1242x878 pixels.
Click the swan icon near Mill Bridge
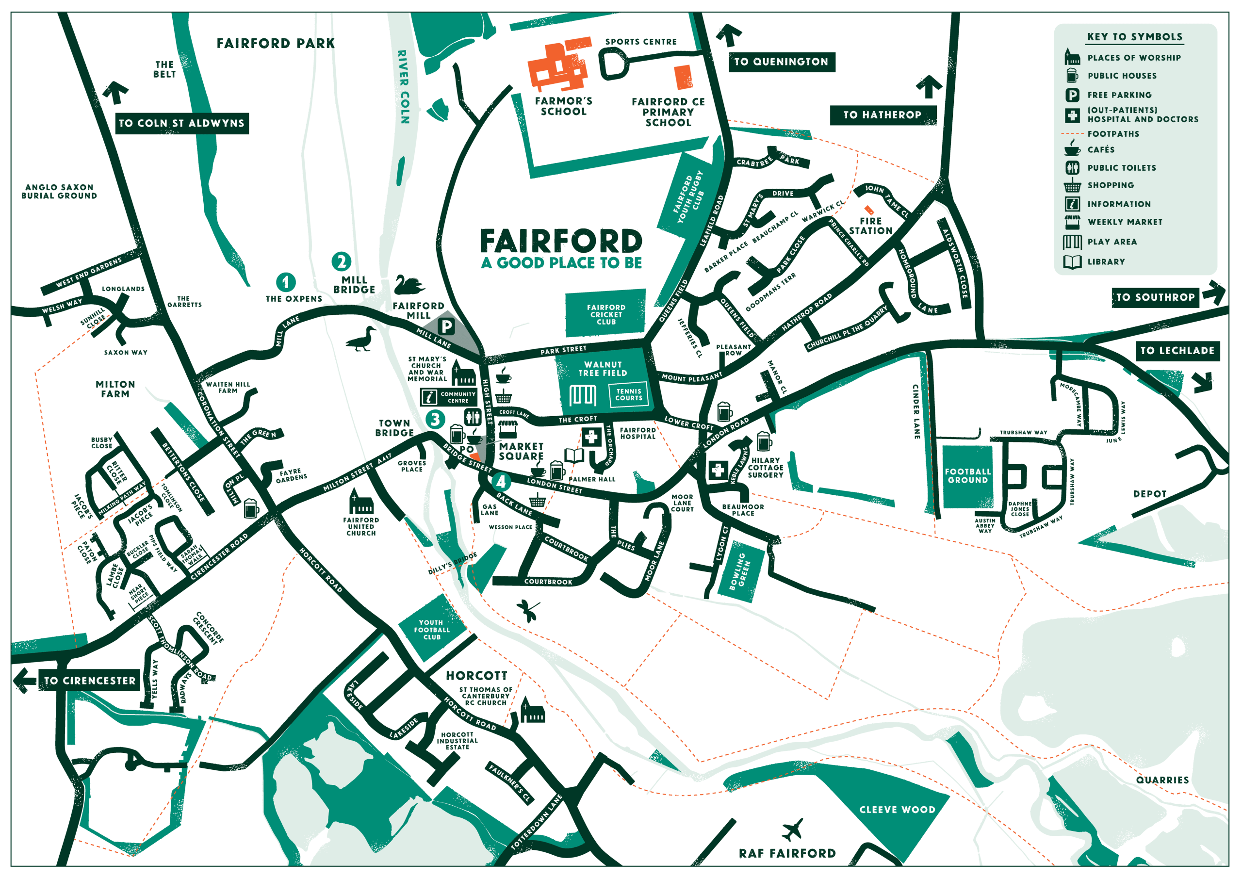coord(409,285)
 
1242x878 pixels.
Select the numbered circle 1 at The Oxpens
coord(286,282)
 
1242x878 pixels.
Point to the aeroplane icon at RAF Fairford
coord(793,830)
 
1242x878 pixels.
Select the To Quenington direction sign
coord(781,62)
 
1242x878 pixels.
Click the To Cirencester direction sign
coord(89,681)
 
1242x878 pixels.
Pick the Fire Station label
coord(870,226)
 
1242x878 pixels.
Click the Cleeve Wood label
coord(898,810)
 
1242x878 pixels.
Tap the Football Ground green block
coord(968,476)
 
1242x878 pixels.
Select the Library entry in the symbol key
coord(1106,262)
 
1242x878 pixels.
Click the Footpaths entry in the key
coord(1113,133)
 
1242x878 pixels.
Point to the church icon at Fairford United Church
coord(361,503)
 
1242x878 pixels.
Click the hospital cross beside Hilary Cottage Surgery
coord(718,470)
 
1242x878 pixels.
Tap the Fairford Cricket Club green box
coord(606,314)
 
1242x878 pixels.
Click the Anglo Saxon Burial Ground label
coord(59,192)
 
